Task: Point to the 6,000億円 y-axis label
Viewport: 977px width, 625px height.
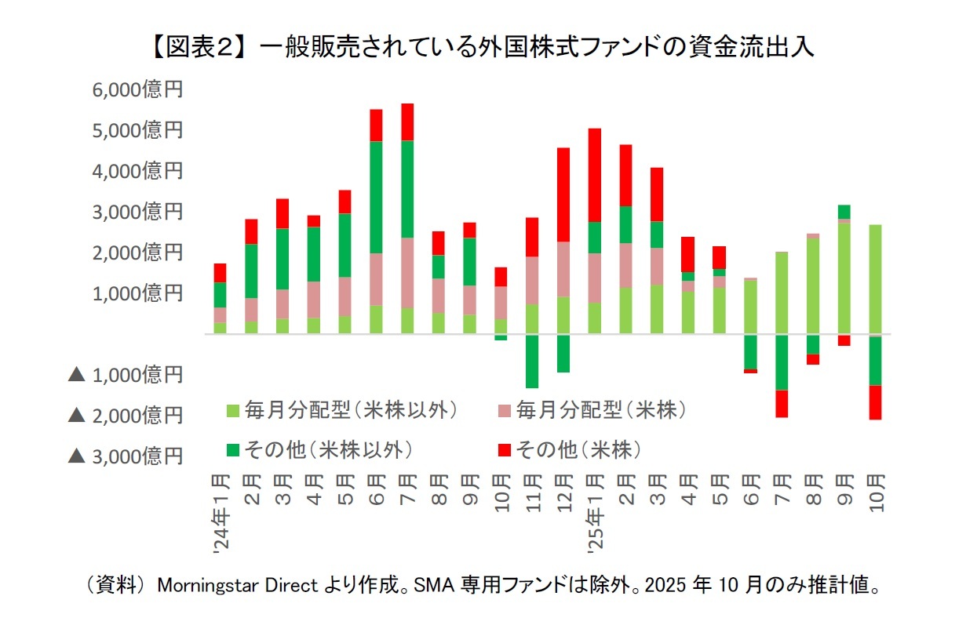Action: point(137,89)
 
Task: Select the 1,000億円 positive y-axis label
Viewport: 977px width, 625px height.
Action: point(137,293)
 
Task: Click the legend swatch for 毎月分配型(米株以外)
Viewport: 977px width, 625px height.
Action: point(232,409)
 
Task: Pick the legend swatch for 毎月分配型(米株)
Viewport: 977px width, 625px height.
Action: point(505,409)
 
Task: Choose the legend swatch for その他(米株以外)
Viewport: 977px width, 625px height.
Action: point(232,450)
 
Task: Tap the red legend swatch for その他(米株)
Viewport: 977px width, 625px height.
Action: point(505,450)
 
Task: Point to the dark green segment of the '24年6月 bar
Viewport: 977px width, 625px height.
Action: point(376,197)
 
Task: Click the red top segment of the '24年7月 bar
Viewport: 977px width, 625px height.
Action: point(407,122)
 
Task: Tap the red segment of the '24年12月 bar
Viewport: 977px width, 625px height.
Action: point(563,194)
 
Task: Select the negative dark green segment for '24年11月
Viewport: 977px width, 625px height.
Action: point(532,362)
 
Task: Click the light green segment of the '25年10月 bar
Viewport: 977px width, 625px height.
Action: point(875,279)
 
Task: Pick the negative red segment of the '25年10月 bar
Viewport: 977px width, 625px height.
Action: point(875,402)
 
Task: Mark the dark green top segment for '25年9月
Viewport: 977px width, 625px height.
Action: point(844,212)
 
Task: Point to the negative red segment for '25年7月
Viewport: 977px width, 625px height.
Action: point(782,403)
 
